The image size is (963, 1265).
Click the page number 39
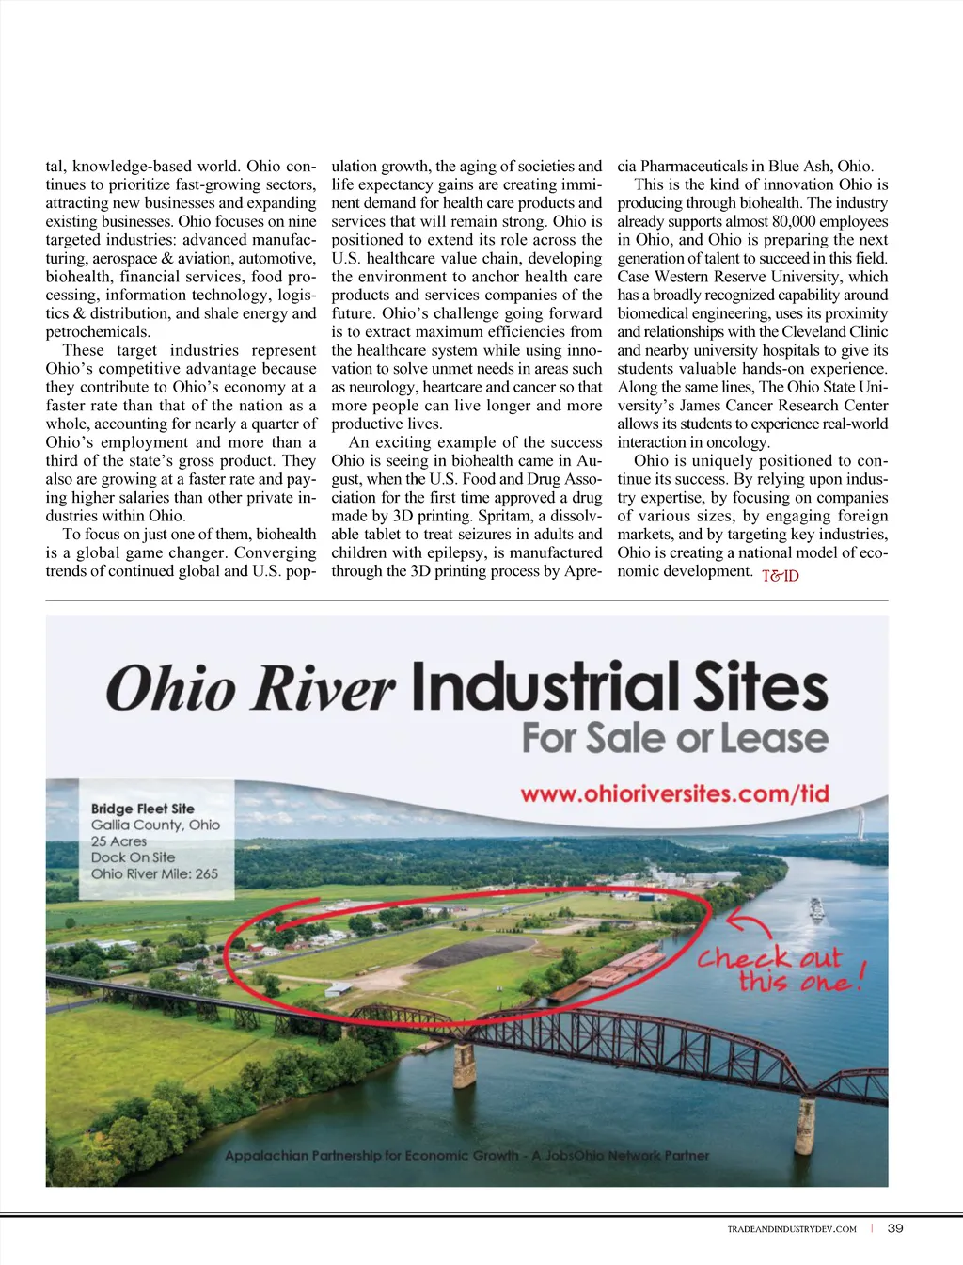pyautogui.click(x=895, y=1228)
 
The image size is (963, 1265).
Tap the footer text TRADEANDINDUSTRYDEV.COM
pyautogui.click(x=792, y=1229)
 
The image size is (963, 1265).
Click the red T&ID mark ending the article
pyautogui.click(x=780, y=576)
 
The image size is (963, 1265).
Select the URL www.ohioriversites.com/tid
pyautogui.click(x=674, y=793)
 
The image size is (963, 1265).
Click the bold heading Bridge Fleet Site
pyautogui.click(x=142, y=809)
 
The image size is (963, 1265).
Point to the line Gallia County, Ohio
pyautogui.click(x=155, y=825)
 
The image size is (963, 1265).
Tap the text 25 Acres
pyautogui.click(x=118, y=841)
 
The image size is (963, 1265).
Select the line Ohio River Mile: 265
pyautogui.click(x=154, y=873)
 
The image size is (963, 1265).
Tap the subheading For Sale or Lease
pyautogui.click(x=674, y=737)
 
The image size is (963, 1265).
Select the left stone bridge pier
pyautogui.click(x=464, y=1065)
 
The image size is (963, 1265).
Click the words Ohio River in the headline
pyautogui.click(x=250, y=687)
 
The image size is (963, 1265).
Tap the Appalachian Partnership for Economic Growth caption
pyautogui.click(x=466, y=1155)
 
